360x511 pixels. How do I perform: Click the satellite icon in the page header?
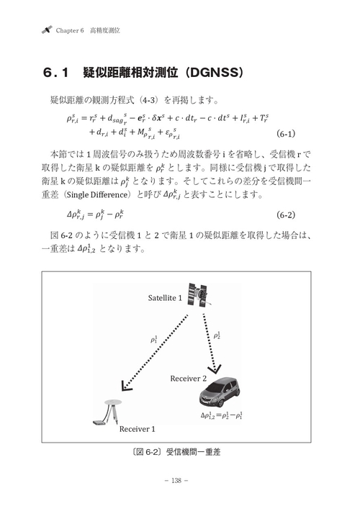coord(47,31)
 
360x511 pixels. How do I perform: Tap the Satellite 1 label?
coord(165,297)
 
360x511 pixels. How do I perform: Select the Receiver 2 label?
coord(188,378)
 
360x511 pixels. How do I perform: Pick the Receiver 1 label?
coord(137,429)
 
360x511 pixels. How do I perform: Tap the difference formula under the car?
coord(222,415)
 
